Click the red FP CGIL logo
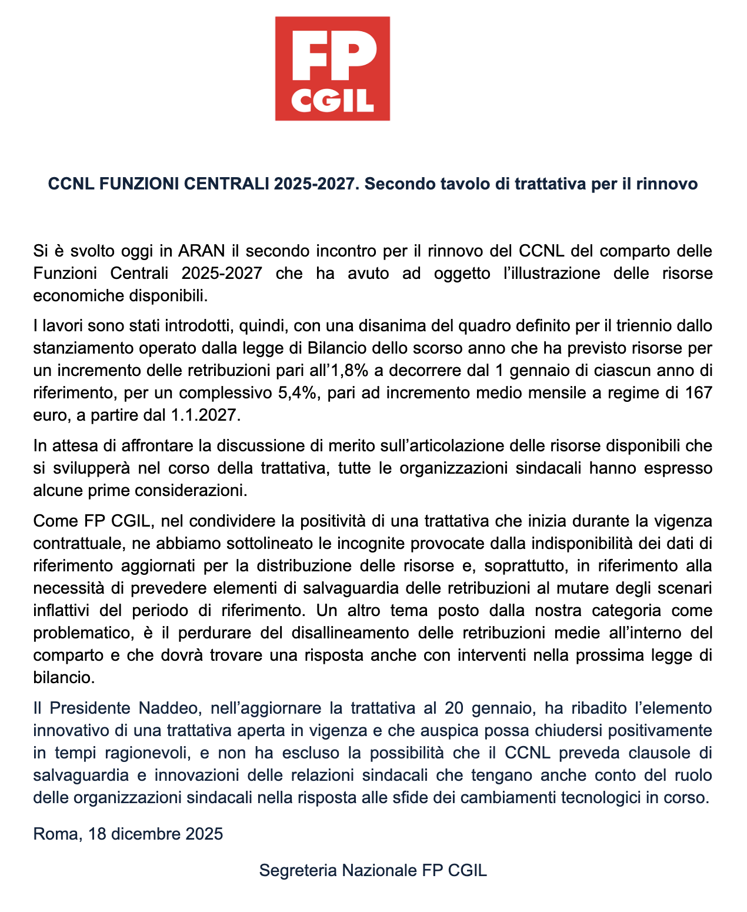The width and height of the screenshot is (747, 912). pos(332,69)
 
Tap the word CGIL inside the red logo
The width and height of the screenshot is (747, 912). pos(332,101)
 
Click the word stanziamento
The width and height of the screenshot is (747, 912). pos(83,348)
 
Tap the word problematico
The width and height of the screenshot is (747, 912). pos(82,633)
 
